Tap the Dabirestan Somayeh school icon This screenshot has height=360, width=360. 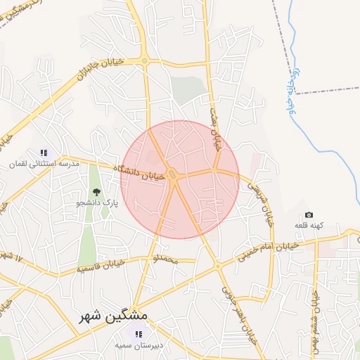[138, 333]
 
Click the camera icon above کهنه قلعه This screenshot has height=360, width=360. [309, 214]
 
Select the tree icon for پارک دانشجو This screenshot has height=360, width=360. [96, 191]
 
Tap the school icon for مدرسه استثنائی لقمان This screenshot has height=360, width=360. [44, 152]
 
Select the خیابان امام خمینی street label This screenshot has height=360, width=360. [268, 252]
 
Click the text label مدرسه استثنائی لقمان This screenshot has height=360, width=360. [44, 163]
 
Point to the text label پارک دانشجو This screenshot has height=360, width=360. [97, 202]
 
